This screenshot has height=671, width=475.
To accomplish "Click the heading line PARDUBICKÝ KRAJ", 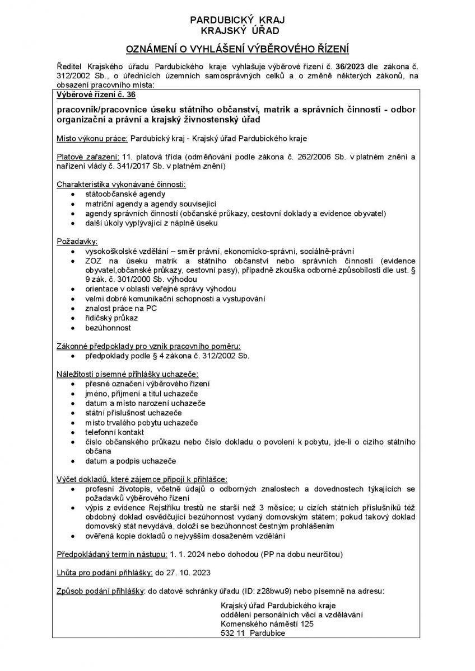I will (x=237, y=20).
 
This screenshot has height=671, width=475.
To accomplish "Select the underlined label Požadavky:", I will (x=77, y=242).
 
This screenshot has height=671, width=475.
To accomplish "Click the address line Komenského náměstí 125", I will (x=268, y=623).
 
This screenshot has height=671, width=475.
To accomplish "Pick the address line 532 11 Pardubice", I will (x=253, y=632).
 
